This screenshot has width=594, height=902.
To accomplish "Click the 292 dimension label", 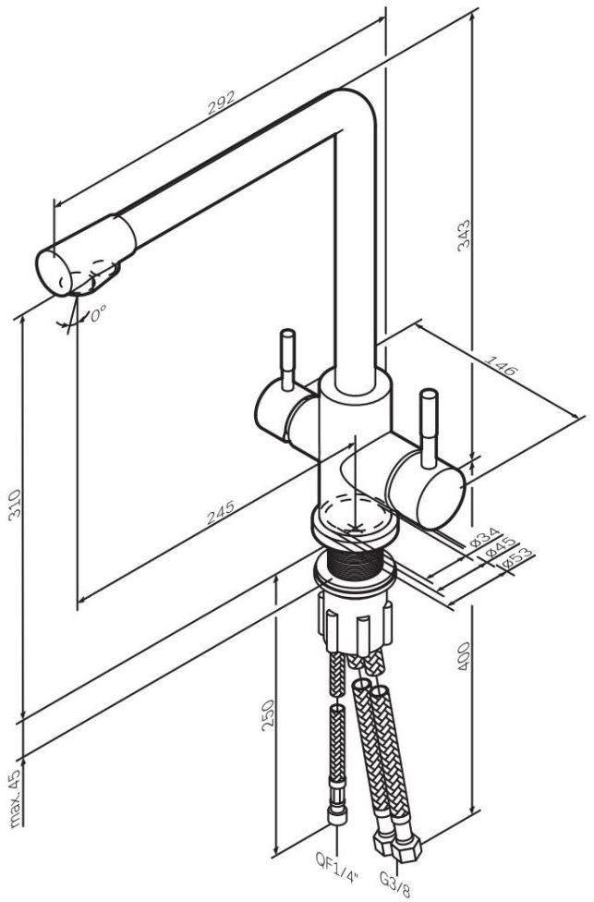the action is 221,103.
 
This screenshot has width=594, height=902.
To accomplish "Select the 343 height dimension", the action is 464,234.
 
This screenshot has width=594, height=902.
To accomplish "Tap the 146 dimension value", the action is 501,366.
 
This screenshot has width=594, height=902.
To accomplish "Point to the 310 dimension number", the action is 14,506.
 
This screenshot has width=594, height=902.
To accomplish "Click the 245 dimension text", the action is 220,513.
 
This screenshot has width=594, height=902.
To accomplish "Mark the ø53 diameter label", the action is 517,558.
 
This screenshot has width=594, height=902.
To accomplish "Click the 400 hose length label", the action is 464,657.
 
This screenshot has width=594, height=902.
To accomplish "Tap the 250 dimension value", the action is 268,715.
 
